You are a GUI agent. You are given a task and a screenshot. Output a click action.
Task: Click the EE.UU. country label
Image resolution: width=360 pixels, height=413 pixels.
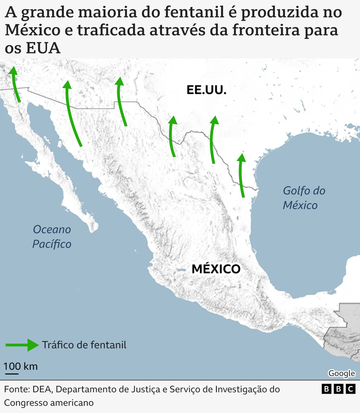[207, 90]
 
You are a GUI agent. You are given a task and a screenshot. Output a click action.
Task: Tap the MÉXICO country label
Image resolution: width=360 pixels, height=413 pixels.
[216, 269]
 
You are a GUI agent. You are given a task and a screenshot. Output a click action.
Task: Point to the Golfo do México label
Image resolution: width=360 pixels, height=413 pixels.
[304, 197]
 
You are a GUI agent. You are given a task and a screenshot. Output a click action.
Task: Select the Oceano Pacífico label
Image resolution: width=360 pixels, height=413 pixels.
[52, 236]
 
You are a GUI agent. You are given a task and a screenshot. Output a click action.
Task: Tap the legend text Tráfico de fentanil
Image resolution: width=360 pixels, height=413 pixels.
[84, 345]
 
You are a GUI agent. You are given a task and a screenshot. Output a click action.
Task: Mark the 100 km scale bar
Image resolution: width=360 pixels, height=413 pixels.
[12, 373]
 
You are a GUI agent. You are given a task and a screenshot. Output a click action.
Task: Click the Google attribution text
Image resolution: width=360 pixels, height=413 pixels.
[341, 373]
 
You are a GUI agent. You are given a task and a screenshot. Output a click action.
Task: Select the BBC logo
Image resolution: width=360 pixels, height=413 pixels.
[339, 389]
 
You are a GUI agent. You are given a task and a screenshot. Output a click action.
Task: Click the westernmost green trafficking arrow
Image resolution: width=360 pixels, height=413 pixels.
[15, 84]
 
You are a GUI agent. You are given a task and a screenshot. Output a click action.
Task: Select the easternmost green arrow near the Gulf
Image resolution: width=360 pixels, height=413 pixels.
[241, 176]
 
